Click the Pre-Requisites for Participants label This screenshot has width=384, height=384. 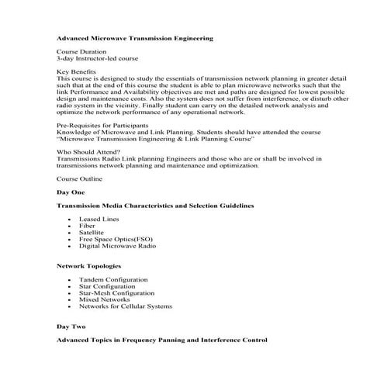[106, 124]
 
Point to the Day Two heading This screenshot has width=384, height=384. [71, 327]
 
